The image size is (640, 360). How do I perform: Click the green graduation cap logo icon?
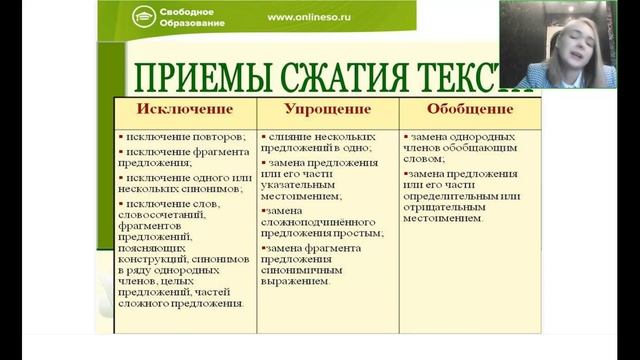click(x=144, y=16)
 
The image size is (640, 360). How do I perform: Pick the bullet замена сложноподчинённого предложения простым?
click(x=320, y=221)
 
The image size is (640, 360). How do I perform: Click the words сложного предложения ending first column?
click(x=184, y=303)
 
